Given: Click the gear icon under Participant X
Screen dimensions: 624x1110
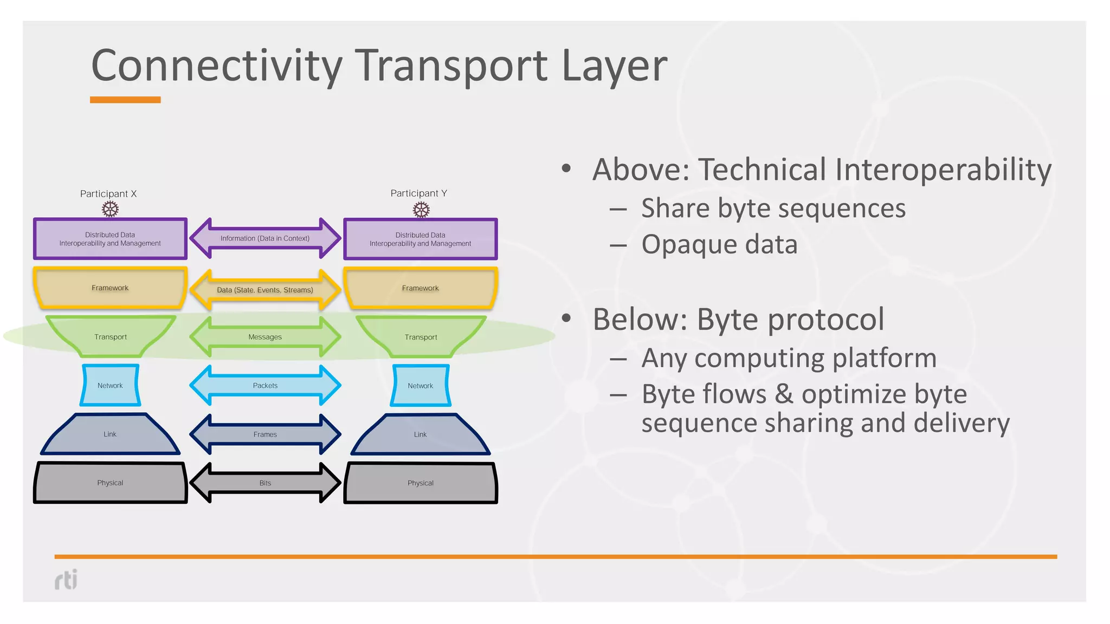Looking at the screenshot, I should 110,209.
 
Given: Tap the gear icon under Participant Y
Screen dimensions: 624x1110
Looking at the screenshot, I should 421,210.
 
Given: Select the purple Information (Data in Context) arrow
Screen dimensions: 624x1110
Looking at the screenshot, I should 265,238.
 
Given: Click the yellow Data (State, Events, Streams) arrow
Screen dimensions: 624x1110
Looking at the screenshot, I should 265,290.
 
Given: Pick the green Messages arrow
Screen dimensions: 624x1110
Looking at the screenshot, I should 265,337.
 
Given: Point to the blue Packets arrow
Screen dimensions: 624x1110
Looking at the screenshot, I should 265,386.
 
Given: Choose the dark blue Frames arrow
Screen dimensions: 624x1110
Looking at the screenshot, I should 265,434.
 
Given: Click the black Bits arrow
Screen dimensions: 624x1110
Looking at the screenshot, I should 265,483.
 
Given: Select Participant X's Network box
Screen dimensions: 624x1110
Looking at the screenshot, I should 110,386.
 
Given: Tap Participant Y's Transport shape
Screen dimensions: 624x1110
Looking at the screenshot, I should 421,337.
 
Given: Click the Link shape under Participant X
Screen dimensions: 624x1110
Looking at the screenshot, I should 110,434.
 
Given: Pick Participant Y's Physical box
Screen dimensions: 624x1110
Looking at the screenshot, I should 421,483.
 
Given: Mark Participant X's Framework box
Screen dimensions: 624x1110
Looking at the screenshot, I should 110,288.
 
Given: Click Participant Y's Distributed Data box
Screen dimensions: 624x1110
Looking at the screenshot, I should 421,239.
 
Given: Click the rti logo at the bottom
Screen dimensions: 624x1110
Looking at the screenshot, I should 66,580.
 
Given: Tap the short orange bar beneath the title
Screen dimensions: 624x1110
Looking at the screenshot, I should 125,100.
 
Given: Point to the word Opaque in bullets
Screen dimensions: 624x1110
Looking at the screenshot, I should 687,244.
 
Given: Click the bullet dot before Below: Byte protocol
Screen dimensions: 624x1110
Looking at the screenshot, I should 566,318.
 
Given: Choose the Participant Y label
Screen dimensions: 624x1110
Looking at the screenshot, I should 418,193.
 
